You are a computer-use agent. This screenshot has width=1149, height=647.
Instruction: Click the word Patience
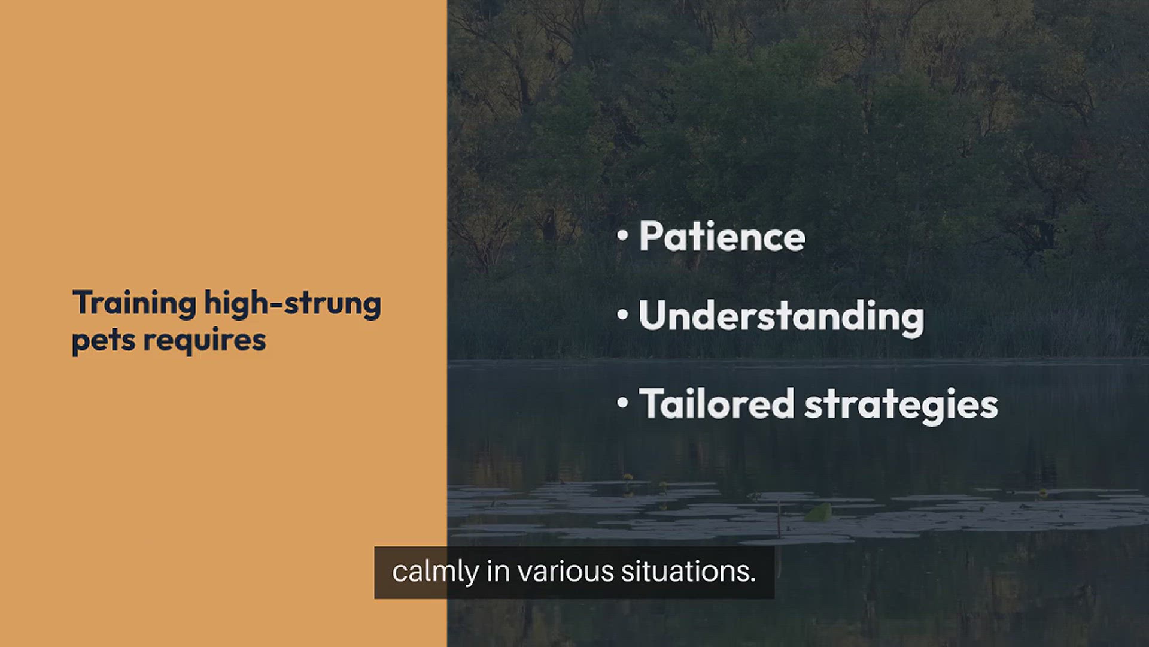[722, 236]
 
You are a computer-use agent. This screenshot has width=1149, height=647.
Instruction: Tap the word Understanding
[781, 317]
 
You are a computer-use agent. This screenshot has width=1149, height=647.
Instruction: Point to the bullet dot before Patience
[623, 237]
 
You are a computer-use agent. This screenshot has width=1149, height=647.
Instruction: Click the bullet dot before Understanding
[623, 316]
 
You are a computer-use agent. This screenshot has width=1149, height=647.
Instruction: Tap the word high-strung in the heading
[293, 303]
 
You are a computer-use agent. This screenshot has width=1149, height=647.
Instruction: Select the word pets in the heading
[103, 340]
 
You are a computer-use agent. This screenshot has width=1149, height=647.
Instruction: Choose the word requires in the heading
[205, 341]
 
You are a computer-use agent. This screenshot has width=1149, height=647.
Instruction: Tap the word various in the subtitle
[566, 572]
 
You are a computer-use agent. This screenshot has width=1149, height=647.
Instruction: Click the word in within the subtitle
[498, 572]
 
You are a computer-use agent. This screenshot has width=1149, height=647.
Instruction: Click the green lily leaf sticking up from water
[818, 512]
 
